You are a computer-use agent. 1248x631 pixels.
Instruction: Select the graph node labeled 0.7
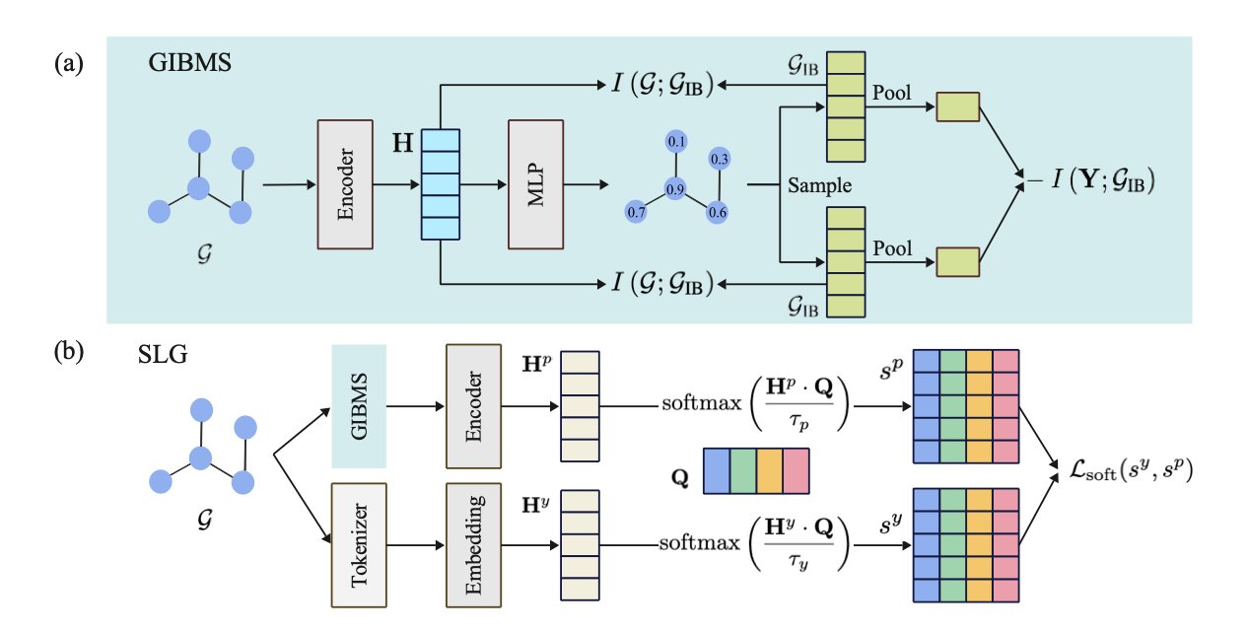636,211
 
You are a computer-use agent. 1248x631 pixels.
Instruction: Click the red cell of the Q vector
794,471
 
